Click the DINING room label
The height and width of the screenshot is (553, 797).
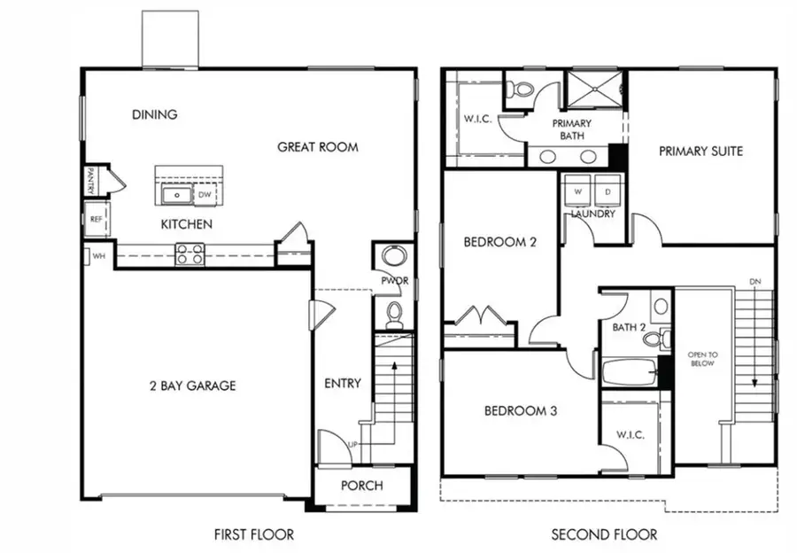click(x=155, y=114)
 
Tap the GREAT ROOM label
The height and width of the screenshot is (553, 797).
click(x=318, y=146)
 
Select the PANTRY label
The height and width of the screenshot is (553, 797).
click(x=90, y=182)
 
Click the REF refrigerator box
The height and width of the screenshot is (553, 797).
click(x=96, y=218)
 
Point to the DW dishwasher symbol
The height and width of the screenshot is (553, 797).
click(x=205, y=194)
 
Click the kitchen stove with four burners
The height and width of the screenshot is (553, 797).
click(x=190, y=254)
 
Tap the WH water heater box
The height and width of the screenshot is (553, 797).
click(x=97, y=256)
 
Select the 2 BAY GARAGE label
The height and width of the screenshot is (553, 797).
click(x=192, y=386)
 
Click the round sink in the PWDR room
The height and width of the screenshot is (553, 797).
click(x=393, y=258)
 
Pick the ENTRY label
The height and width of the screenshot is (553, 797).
click(x=343, y=383)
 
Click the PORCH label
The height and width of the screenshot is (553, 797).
click(x=362, y=486)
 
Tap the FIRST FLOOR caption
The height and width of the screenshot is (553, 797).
click(x=253, y=534)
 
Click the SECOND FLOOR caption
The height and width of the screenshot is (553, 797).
click(x=604, y=534)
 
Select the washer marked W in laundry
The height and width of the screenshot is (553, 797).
click(x=578, y=191)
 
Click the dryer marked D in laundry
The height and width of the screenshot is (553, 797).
click(x=607, y=191)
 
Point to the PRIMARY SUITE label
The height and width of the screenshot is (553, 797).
click(x=700, y=151)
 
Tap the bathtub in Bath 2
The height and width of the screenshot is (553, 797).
click(x=629, y=372)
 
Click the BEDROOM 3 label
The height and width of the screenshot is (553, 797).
click(x=520, y=411)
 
